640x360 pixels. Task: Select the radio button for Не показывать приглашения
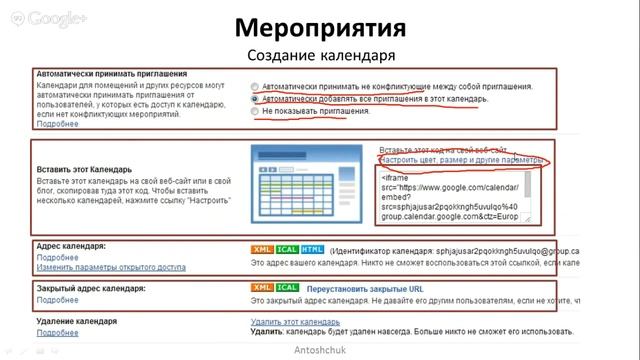tap(256, 112)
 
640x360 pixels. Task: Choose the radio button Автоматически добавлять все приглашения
tap(256, 99)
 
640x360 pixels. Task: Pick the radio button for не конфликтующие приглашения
tap(256, 86)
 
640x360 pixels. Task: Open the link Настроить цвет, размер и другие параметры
tap(462, 160)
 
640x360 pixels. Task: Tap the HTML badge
tap(312, 249)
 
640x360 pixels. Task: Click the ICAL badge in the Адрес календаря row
tap(287, 249)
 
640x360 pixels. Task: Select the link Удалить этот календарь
tap(297, 322)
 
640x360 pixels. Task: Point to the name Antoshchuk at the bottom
tap(320, 351)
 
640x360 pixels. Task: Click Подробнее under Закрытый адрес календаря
tap(57, 299)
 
